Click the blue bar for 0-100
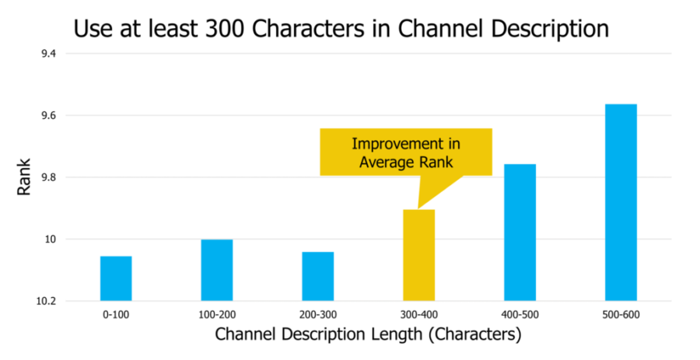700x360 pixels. (116, 278)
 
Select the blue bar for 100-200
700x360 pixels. (217, 270)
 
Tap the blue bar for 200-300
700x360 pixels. (318, 276)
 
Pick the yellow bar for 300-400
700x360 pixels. (418, 255)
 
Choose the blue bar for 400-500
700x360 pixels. (520, 232)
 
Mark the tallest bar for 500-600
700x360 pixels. (621, 202)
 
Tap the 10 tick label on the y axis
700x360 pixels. (51, 239)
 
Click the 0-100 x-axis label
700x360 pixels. (116, 315)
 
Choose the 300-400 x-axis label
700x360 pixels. (418, 315)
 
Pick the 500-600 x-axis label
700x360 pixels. (621, 315)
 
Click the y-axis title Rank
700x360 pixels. (24, 177)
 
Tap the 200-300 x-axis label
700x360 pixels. (318, 315)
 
